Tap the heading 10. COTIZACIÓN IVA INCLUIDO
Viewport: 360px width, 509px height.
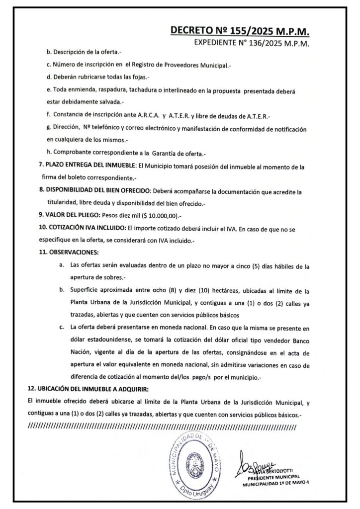click(82, 229)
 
